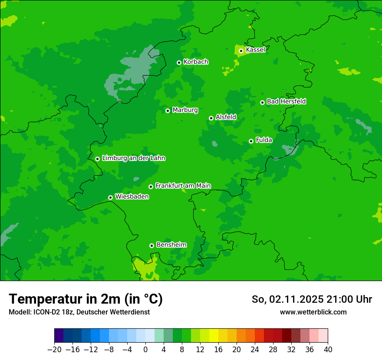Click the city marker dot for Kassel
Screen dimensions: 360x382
pos(241,51)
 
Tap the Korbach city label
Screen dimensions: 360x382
pos(196,62)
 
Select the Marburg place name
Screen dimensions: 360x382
pos(185,110)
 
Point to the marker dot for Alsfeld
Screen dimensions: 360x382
pos(211,118)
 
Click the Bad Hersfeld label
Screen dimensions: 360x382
pos(286,101)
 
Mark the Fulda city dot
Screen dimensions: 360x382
pos(251,141)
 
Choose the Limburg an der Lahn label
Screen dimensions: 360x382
pos(133,158)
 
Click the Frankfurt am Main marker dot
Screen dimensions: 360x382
pos(151,187)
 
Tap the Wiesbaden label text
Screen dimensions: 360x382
pos(132,197)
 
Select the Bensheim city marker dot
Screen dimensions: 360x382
pos(151,245)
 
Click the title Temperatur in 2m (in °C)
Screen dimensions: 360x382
pos(86,299)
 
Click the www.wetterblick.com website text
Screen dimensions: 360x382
pos(313,312)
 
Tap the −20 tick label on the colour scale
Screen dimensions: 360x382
pos(54,350)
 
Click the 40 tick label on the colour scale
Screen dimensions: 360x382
pos(328,350)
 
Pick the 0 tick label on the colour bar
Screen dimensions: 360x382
pos(145,350)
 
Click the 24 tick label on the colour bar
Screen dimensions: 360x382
pos(255,350)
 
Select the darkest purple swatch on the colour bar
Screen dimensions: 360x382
pos(59,336)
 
